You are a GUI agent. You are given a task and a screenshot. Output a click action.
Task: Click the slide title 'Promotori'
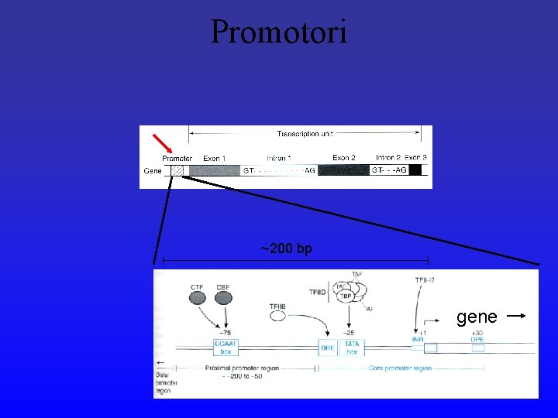tap(279, 32)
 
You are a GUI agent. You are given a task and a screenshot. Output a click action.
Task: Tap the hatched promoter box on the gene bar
tap(177, 170)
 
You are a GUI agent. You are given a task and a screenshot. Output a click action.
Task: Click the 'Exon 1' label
tap(214, 159)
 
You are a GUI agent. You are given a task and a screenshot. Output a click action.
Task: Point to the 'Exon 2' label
tap(344, 158)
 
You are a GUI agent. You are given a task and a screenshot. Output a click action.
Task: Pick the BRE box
tap(328, 349)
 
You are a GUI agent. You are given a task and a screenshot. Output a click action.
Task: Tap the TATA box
tap(352, 349)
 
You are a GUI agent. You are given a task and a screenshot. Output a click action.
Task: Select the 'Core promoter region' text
tap(400, 368)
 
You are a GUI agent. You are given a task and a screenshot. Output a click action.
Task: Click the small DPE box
tap(477, 348)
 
